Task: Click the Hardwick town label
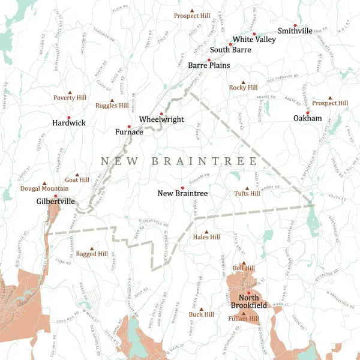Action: coord(69,123)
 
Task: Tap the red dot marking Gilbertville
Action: coord(55,196)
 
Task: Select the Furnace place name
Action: coord(129,131)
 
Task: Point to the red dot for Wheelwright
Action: coord(161,113)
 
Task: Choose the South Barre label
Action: coord(230,50)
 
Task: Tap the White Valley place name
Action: coord(254,39)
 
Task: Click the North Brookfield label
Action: coord(249,302)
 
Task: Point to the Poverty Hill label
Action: coord(70,97)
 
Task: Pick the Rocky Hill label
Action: coord(243,88)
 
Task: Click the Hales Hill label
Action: coord(206,237)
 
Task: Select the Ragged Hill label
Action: coord(92,254)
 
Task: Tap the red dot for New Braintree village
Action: coord(182,188)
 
